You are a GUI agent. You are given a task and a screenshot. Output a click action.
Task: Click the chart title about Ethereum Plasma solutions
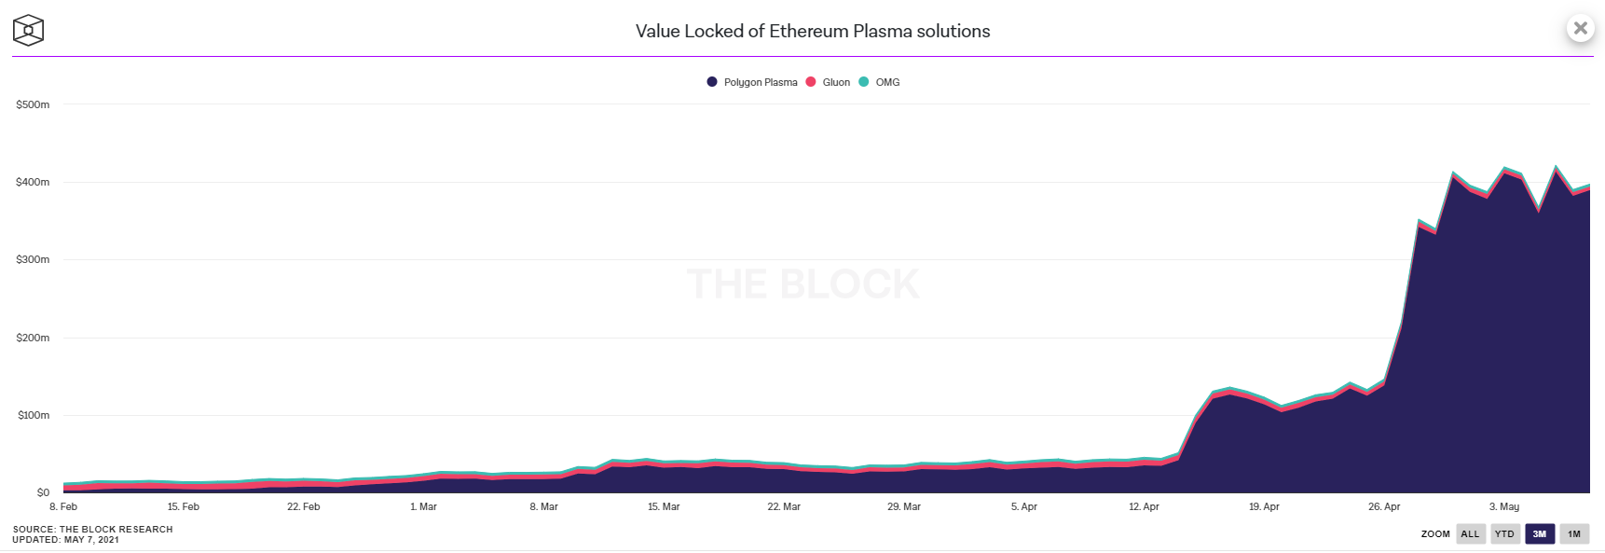tap(813, 31)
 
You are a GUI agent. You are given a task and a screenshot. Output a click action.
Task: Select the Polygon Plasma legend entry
tap(752, 82)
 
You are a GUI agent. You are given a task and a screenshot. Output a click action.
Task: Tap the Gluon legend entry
tap(828, 82)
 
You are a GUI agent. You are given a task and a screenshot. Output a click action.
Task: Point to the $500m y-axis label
tap(33, 104)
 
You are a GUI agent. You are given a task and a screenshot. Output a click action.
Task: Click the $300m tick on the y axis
tap(33, 259)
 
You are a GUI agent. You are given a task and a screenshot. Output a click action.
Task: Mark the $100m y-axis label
tap(33, 415)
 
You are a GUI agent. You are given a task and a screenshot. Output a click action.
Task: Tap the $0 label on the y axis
tap(43, 492)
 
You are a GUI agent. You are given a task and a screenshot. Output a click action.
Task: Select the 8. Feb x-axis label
tap(63, 506)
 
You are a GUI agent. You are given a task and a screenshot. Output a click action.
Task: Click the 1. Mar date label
tap(423, 506)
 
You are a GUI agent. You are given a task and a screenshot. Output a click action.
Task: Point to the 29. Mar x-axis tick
tap(903, 506)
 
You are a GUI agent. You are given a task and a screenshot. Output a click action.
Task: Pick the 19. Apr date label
tap(1264, 506)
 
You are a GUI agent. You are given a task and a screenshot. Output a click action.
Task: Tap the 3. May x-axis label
tap(1503, 506)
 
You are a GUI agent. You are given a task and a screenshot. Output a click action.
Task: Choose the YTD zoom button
tap(1504, 534)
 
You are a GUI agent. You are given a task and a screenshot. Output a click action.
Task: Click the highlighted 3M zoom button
tap(1540, 534)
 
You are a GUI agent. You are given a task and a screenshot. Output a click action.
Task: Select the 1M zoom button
tap(1574, 534)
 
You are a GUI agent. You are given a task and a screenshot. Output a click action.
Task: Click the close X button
tap(1580, 28)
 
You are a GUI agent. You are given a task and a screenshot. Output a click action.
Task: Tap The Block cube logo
tap(28, 30)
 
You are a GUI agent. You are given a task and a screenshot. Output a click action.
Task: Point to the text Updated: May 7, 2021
tap(65, 540)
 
